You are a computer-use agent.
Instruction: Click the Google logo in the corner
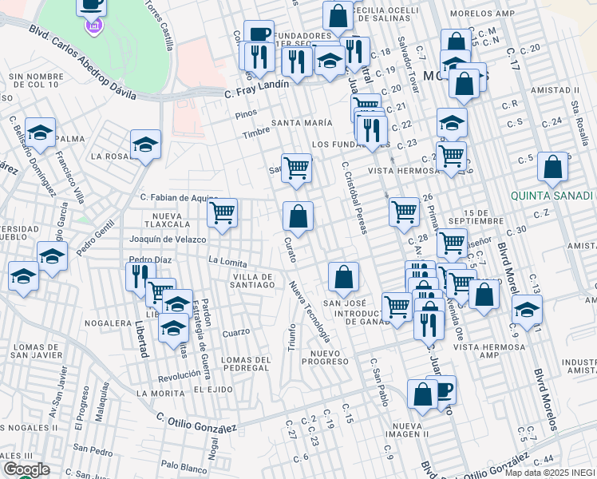click(x=26, y=469)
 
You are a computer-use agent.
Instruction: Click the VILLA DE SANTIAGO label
click(x=243, y=280)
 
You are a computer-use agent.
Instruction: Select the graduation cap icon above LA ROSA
click(x=145, y=144)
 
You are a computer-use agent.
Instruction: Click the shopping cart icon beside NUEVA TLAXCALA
click(x=222, y=213)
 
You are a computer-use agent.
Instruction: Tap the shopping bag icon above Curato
click(x=298, y=216)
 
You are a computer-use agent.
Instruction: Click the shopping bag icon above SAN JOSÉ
click(x=343, y=277)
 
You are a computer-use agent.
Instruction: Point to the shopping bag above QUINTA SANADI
click(x=552, y=167)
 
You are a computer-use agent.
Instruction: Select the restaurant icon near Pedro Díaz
click(x=137, y=276)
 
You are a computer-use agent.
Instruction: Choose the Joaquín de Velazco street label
click(x=168, y=239)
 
